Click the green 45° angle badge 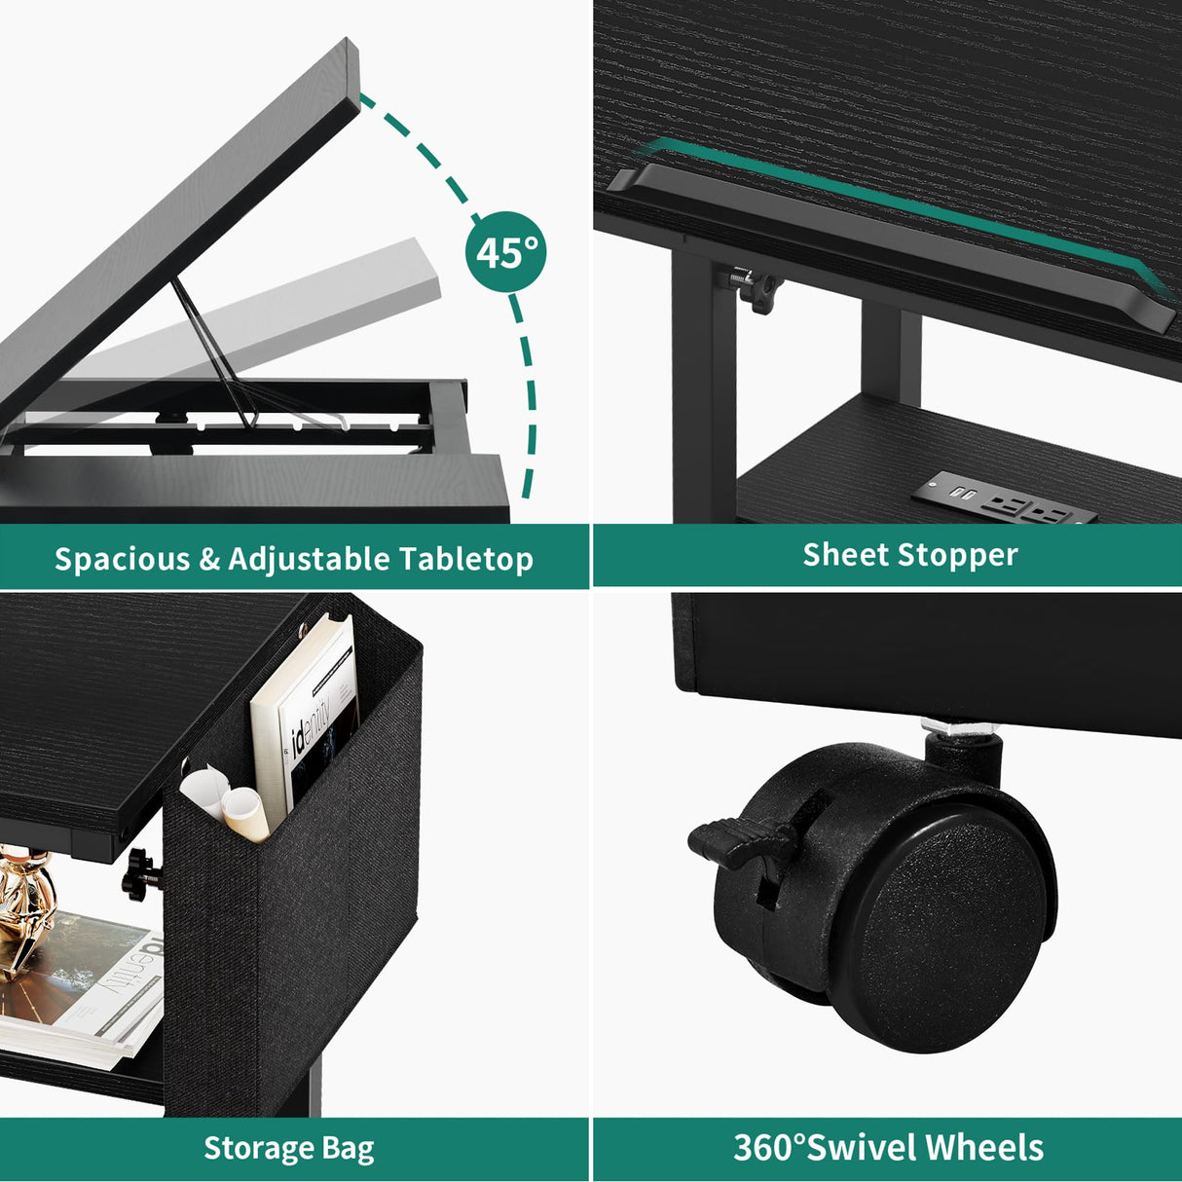tap(505, 252)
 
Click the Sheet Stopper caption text tap(909, 555)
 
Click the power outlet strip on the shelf tap(1002, 499)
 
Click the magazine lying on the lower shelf tap(88, 983)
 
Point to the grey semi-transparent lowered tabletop tap(321, 302)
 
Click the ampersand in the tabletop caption tap(209, 559)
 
